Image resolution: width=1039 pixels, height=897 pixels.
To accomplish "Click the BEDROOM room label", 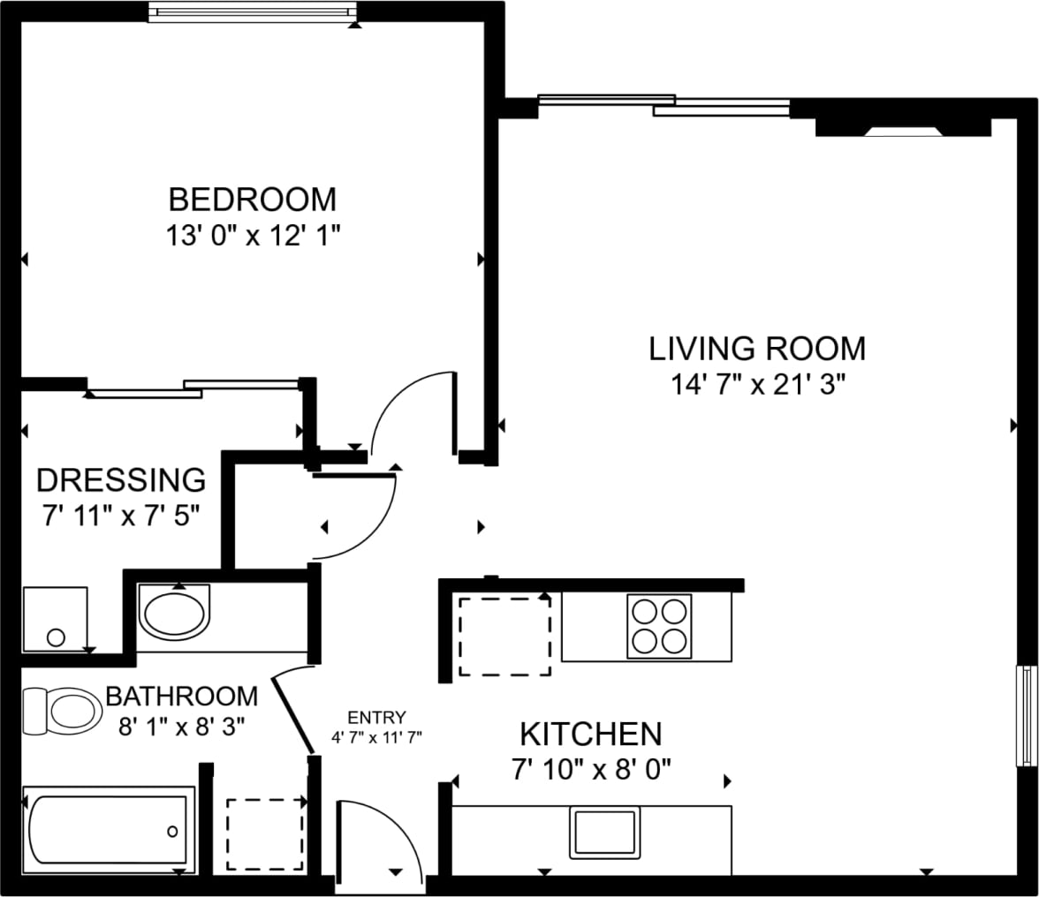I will point(252,200).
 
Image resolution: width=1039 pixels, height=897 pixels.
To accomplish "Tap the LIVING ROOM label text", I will point(757,349).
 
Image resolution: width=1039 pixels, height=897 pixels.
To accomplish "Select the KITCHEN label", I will point(590,734).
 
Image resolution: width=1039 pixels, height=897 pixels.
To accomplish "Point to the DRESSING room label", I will point(120,480).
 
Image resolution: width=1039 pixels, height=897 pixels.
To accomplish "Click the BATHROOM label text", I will point(181,696).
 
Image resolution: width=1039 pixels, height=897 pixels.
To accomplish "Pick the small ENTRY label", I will point(376,717).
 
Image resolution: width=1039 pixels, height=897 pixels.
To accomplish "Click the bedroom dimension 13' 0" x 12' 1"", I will point(252,236).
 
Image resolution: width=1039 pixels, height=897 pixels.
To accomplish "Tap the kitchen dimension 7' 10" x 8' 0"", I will point(590,769).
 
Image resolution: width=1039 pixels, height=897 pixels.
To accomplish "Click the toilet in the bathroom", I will point(62,711).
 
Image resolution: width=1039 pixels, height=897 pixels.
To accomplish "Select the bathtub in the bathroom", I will point(108,830).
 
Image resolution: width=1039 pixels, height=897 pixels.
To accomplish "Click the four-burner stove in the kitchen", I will point(659,626).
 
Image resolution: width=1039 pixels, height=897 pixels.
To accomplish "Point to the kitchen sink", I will point(605,832).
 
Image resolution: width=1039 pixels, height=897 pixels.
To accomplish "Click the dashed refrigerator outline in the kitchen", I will point(504,636).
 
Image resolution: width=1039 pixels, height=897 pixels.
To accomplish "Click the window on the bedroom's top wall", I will point(253,12).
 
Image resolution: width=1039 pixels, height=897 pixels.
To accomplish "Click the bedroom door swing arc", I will point(411,415).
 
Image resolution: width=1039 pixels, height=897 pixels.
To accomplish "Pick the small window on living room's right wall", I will point(1027,715).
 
